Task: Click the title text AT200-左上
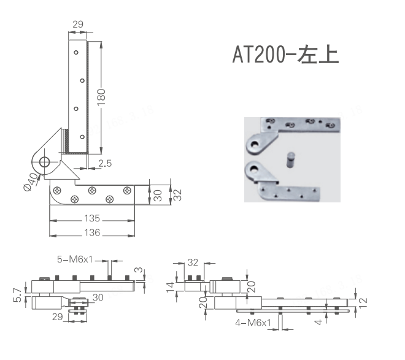coord(285,54)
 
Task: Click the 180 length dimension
coord(102,98)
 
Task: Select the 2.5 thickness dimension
coord(105,163)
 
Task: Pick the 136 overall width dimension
coord(92,232)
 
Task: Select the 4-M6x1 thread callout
coord(253,321)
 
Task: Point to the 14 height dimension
coord(171,285)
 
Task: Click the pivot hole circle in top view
coord(44,162)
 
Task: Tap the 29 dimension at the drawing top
coord(78,24)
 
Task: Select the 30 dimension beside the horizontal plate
coord(158,194)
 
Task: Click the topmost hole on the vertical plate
coord(75,52)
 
